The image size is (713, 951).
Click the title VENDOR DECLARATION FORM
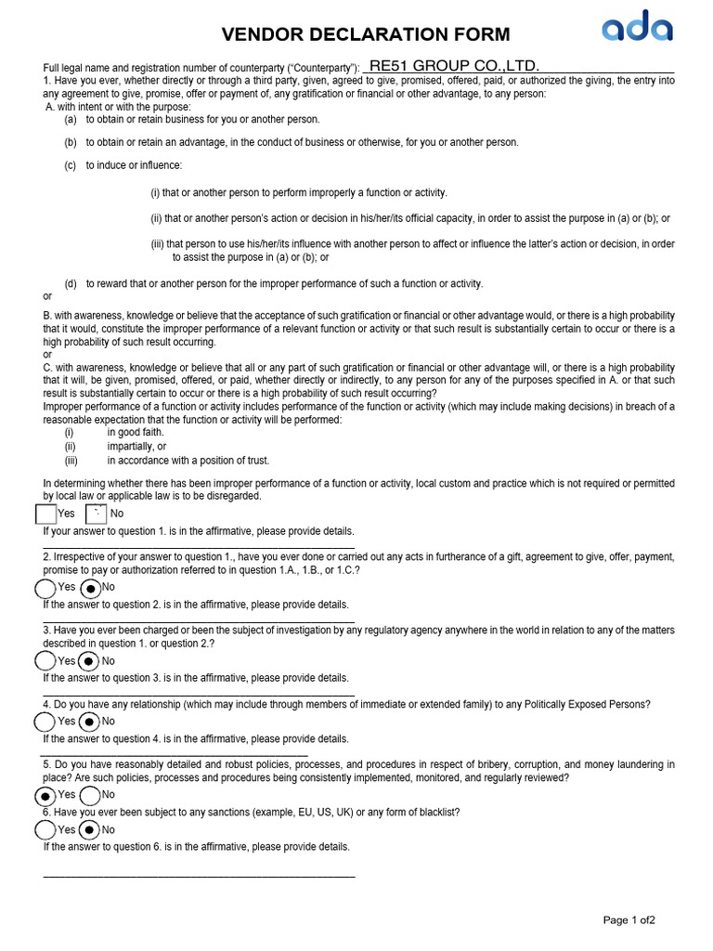click(x=366, y=35)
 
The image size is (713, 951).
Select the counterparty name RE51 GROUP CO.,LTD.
click(x=454, y=65)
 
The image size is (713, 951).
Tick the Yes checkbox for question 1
click(x=45, y=514)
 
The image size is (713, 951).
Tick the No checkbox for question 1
click(x=96, y=514)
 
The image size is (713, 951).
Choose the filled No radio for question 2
click(x=90, y=588)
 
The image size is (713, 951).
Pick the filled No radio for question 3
click(x=88, y=661)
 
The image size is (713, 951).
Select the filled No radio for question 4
click(x=88, y=722)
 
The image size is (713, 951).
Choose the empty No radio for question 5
click(x=90, y=796)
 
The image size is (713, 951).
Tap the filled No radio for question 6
click(x=89, y=829)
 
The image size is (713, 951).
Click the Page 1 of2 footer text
click(x=629, y=920)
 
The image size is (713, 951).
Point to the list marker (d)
click(x=71, y=283)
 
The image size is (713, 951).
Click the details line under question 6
click(x=199, y=875)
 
